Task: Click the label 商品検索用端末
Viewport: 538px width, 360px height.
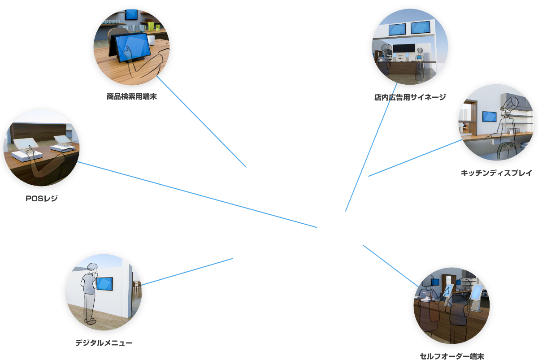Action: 131,96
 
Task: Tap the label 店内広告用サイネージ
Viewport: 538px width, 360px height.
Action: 410,97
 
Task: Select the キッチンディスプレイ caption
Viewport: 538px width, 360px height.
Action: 496,173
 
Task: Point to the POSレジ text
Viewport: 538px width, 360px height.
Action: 42,198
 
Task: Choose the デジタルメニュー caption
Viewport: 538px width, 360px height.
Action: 104,343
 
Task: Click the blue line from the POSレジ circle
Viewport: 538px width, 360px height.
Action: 197,195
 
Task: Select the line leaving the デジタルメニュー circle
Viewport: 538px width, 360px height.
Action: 187,271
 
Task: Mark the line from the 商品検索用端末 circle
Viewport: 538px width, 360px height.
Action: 202,122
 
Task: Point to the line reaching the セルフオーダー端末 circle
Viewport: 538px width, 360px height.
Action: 390,265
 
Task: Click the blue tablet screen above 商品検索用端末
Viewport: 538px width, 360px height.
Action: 131,45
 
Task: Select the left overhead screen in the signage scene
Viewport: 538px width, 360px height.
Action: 398,30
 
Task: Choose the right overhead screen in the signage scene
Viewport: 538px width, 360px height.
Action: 421,27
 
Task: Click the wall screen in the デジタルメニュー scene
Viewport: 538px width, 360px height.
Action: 104,284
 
